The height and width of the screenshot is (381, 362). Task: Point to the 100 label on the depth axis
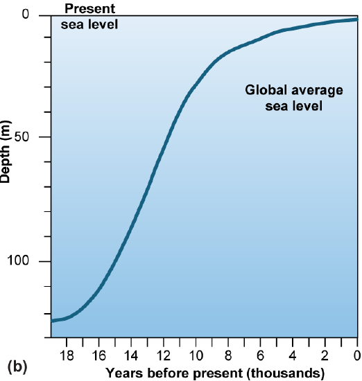[x=26, y=261]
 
